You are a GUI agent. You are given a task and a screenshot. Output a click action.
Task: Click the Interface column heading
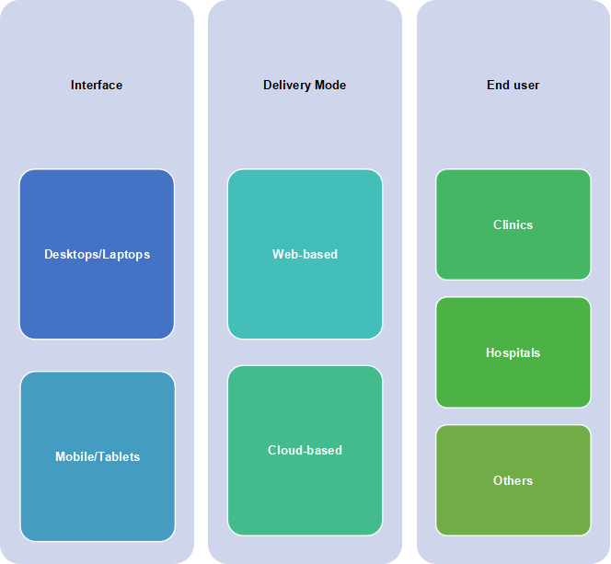pos(97,85)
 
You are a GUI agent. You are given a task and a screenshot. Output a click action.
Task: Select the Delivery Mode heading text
pos(305,85)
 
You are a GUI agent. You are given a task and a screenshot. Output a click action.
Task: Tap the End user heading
pos(513,85)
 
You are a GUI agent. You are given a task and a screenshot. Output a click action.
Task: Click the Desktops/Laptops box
pos(97,254)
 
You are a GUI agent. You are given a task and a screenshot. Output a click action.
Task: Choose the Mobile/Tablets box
pos(98,456)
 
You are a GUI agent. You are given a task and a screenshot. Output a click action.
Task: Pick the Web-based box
pos(305,254)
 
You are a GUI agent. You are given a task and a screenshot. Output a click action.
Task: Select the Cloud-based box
pos(305,450)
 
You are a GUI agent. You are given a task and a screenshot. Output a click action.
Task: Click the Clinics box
pos(513,224)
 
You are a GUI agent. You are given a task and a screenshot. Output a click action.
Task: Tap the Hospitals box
pos(513,352)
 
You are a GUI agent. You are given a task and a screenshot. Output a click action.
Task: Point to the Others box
pos(513,480)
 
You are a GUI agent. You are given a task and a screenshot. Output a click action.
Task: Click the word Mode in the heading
pos(330,85)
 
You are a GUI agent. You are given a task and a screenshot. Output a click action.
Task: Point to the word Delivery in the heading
pos(288,86)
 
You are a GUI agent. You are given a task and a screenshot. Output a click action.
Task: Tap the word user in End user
pos(526,86)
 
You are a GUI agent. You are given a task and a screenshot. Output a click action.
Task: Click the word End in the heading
pos(499,85)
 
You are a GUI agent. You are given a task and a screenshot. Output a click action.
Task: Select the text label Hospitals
pos(513,353)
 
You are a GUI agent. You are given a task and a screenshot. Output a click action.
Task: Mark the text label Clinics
pos(513,224)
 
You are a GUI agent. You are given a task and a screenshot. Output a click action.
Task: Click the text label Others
pos(513,480)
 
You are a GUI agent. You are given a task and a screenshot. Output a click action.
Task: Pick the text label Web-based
pos(305,254)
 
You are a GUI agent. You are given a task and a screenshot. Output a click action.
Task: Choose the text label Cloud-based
pos(305,450)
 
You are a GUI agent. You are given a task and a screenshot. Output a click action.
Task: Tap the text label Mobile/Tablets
pos(98,456)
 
